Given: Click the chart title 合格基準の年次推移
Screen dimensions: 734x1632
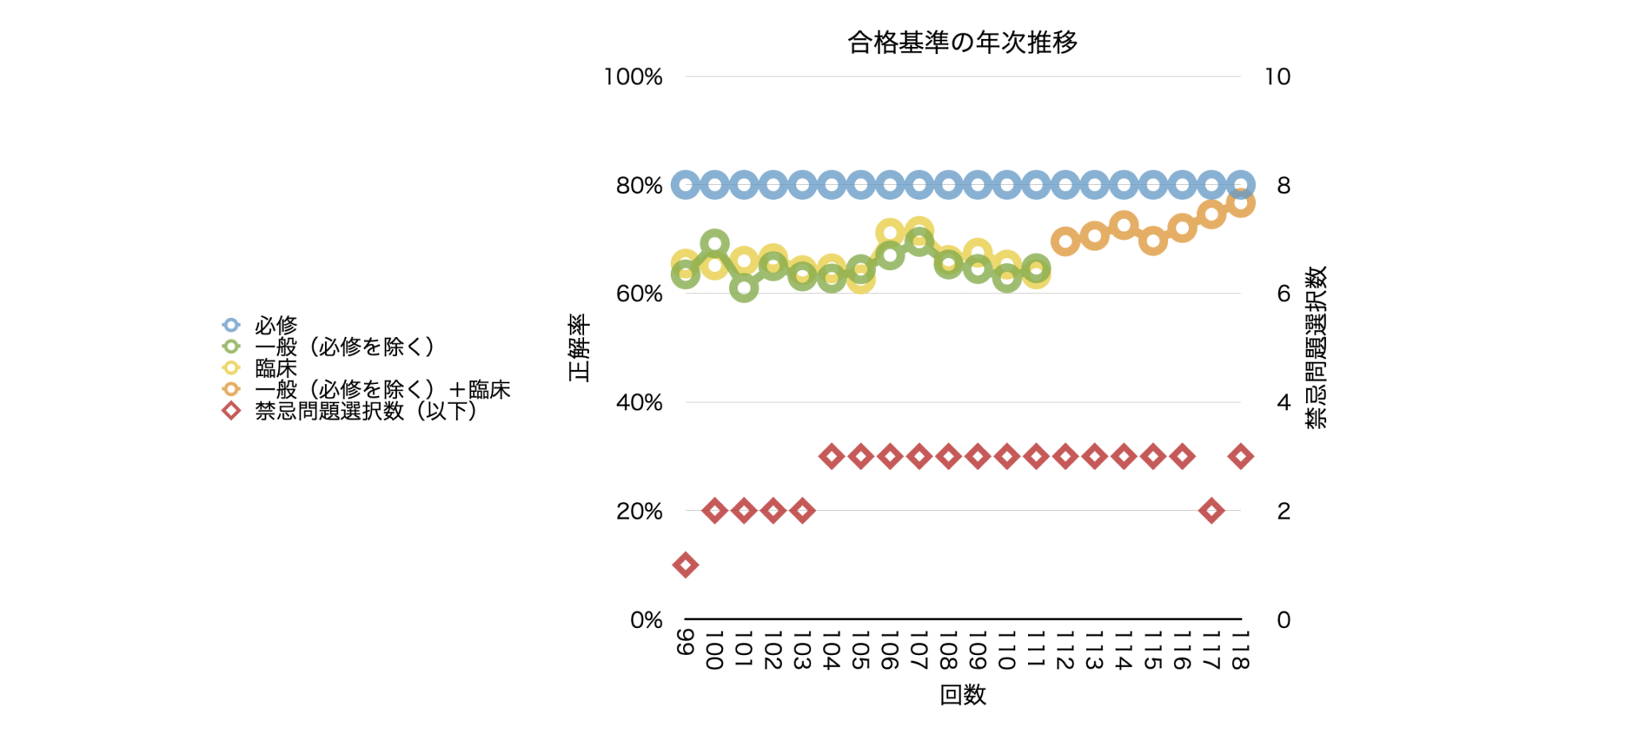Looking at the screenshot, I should coord(962,42).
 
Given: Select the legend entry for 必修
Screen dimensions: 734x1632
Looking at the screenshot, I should coord(276,325).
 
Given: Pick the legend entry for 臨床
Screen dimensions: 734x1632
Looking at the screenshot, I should coord(276,368).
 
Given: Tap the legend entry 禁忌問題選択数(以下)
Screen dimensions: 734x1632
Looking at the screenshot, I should coord(365,411).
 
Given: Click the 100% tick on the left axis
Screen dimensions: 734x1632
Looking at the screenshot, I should coord(633,77).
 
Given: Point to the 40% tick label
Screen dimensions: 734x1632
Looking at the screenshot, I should coord(639,402).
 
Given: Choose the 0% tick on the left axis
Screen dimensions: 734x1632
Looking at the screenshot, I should coord(646,620).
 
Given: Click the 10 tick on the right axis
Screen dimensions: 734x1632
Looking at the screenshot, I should coord(1277,77).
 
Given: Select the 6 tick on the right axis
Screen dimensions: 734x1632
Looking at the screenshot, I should coord(1284,294).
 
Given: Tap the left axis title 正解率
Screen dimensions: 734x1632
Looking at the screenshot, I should coord(579,347).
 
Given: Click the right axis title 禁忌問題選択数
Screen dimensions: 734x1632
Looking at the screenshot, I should coord(1316,347).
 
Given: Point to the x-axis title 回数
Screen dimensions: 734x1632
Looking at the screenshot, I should coord(963,695).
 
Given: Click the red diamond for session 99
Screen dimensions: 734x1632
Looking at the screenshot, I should coord(685,565).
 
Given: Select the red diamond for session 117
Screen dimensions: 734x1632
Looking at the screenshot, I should coord(1211,511).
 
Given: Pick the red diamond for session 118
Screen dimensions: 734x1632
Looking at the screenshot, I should coord(1240,457).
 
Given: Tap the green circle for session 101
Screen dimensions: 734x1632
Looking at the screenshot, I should coord(743,288).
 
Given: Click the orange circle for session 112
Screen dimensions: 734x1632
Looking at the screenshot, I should coord(1065,241).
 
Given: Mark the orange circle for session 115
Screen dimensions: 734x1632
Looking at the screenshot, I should coord(1153,241).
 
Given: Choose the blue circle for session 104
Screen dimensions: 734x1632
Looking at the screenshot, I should coord(831,186).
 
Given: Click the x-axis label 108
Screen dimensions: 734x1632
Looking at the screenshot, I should coord(948,650).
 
